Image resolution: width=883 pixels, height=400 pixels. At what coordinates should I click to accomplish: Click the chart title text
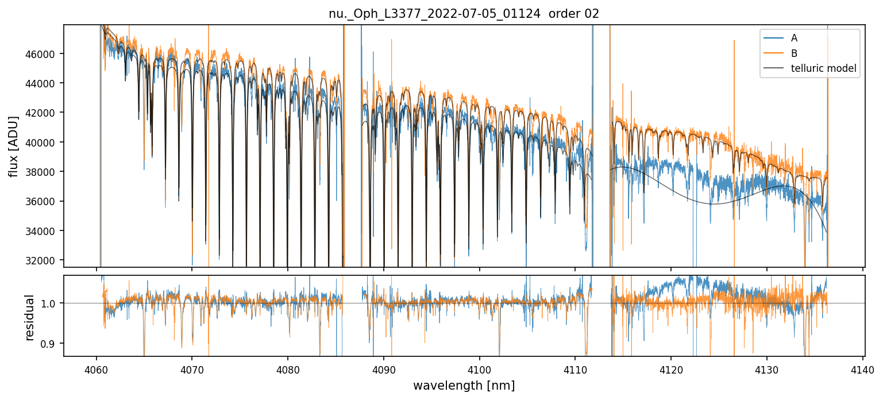pyautogui.click(x=464, y=14)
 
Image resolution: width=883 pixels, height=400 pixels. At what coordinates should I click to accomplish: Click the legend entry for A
pyautogui.click(x=794, y=38)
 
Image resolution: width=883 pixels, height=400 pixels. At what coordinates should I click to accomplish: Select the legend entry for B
pyautogui.click(x=794, y=53)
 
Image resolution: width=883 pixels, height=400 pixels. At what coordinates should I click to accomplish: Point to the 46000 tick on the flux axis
pyautogui.click(x=45, y=53)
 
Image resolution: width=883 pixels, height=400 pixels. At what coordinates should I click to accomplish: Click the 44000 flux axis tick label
pyautogui.click(x=45, y=83)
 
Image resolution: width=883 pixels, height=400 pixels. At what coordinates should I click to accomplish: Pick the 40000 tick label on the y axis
pyautogui.click(x=45, y=143)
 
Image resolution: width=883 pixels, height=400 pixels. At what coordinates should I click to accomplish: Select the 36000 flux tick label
pyautogui.click(x=45, y=202)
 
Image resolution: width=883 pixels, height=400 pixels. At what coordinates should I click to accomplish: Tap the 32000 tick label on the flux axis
pyautogui.click(x=45, y=261)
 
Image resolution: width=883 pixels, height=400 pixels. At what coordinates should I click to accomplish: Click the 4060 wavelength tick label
pyautogui.click(x=96, y=369)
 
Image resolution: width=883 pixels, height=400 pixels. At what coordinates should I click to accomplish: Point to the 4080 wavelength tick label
pyautogui.click(x=287, y=369)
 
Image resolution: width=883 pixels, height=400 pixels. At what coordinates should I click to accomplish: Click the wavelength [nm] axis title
pyautogui.click(x=464, y=385)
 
